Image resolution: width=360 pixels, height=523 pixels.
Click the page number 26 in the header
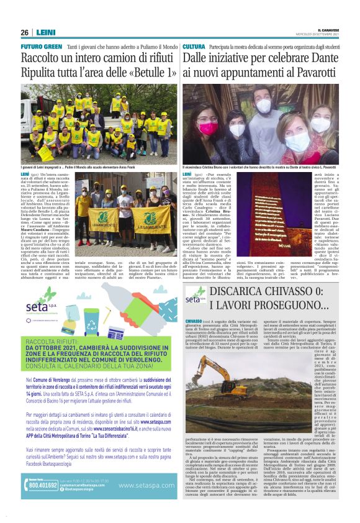[x=24, y=32]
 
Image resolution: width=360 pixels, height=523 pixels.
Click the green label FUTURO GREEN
[x=41, y=47]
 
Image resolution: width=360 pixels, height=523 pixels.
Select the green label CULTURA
[x=194, y=47]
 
